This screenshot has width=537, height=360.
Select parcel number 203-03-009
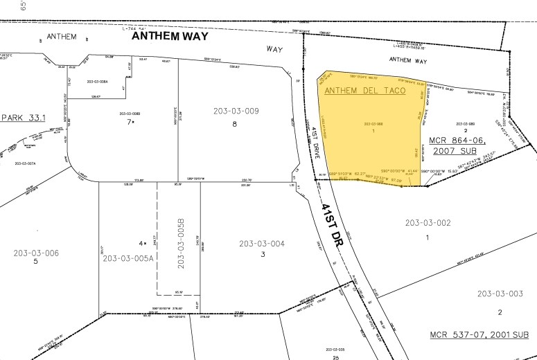(235, 111)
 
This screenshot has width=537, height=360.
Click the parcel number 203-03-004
(262, 243)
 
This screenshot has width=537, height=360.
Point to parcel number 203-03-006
(36, 253)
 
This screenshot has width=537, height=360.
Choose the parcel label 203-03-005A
(126, 258)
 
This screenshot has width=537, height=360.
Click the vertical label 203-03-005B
(182, 244)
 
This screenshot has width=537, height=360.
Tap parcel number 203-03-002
(428, 223)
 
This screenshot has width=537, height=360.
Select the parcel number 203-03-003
(500, 294)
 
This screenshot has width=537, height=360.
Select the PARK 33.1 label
(23, 118)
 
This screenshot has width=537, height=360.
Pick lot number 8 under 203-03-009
(234, 125)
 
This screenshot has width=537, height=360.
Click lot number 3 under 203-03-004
(263, 255)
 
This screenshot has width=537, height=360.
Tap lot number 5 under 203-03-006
(35, 262)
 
